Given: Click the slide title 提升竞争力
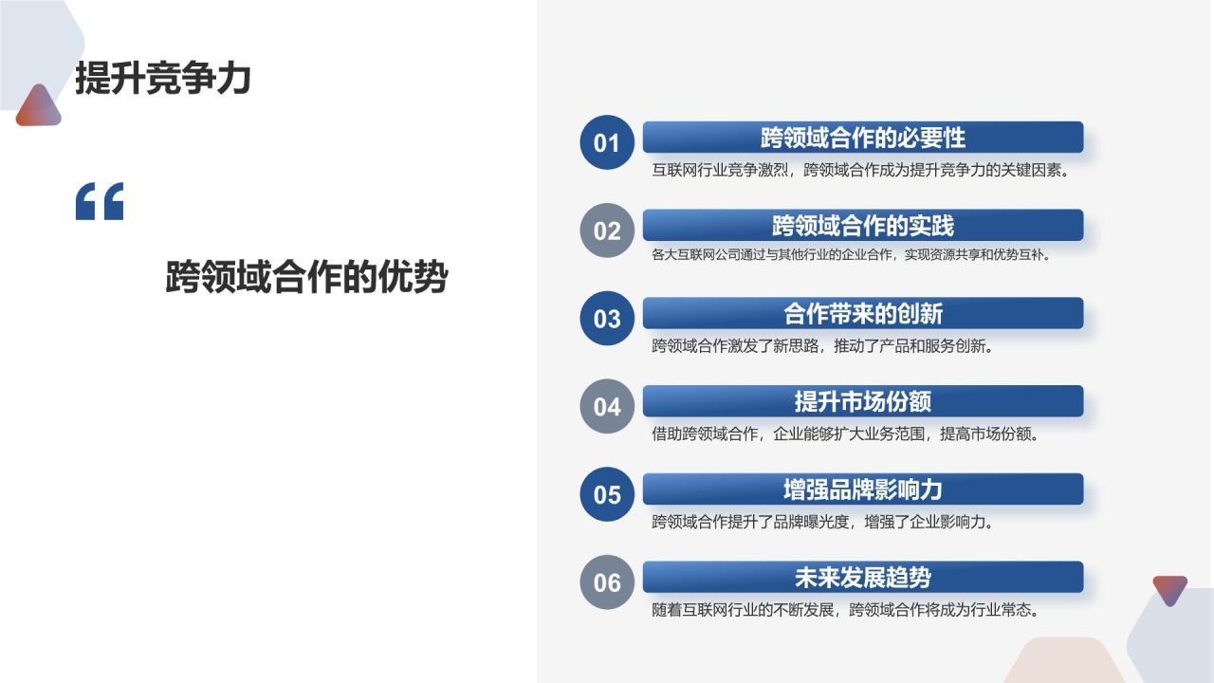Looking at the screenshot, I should click(162, 78).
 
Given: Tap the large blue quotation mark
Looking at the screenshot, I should click(100, 202).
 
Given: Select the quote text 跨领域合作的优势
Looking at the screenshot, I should click(305, 278).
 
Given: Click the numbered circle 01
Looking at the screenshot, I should click(606, 143).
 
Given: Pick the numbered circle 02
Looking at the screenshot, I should click(606, 231).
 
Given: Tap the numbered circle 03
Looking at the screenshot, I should click(606, 319).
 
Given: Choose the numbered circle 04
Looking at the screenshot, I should click(606, 407).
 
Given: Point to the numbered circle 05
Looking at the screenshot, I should click(606, 494).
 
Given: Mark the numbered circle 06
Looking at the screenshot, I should click(606, 581).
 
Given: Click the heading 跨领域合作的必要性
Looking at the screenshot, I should click(862, 138).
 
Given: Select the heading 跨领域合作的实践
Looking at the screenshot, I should click(862, 226).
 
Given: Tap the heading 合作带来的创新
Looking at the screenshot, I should click(862, 313).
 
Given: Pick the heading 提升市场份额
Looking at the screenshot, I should click(862, 401).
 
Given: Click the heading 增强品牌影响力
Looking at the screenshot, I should click(862, 489).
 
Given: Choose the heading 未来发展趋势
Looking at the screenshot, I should click(862, 577).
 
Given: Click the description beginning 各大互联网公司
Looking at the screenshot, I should click(851, 255).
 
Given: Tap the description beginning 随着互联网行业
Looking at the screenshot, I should click(844, 610).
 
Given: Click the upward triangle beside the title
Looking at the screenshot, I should click(38, 107).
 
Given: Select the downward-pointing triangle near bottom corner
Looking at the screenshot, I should click(1169, 589).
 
